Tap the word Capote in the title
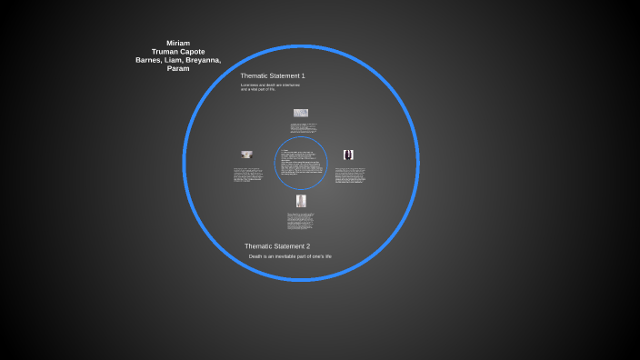(193, 51)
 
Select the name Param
(178, 68)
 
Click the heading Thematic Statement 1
(273, 75)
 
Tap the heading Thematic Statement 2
(277, 246)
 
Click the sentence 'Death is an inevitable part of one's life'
(290, 256)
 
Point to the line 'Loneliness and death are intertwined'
(270, 85)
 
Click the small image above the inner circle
(300, 113)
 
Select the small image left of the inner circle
(246, 155)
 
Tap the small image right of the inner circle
(348, 155)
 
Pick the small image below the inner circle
(301, 200)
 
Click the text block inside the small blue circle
(301, 164)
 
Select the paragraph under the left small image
(247, 175)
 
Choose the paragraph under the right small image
(350, 175)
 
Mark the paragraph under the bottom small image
(301, 221)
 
